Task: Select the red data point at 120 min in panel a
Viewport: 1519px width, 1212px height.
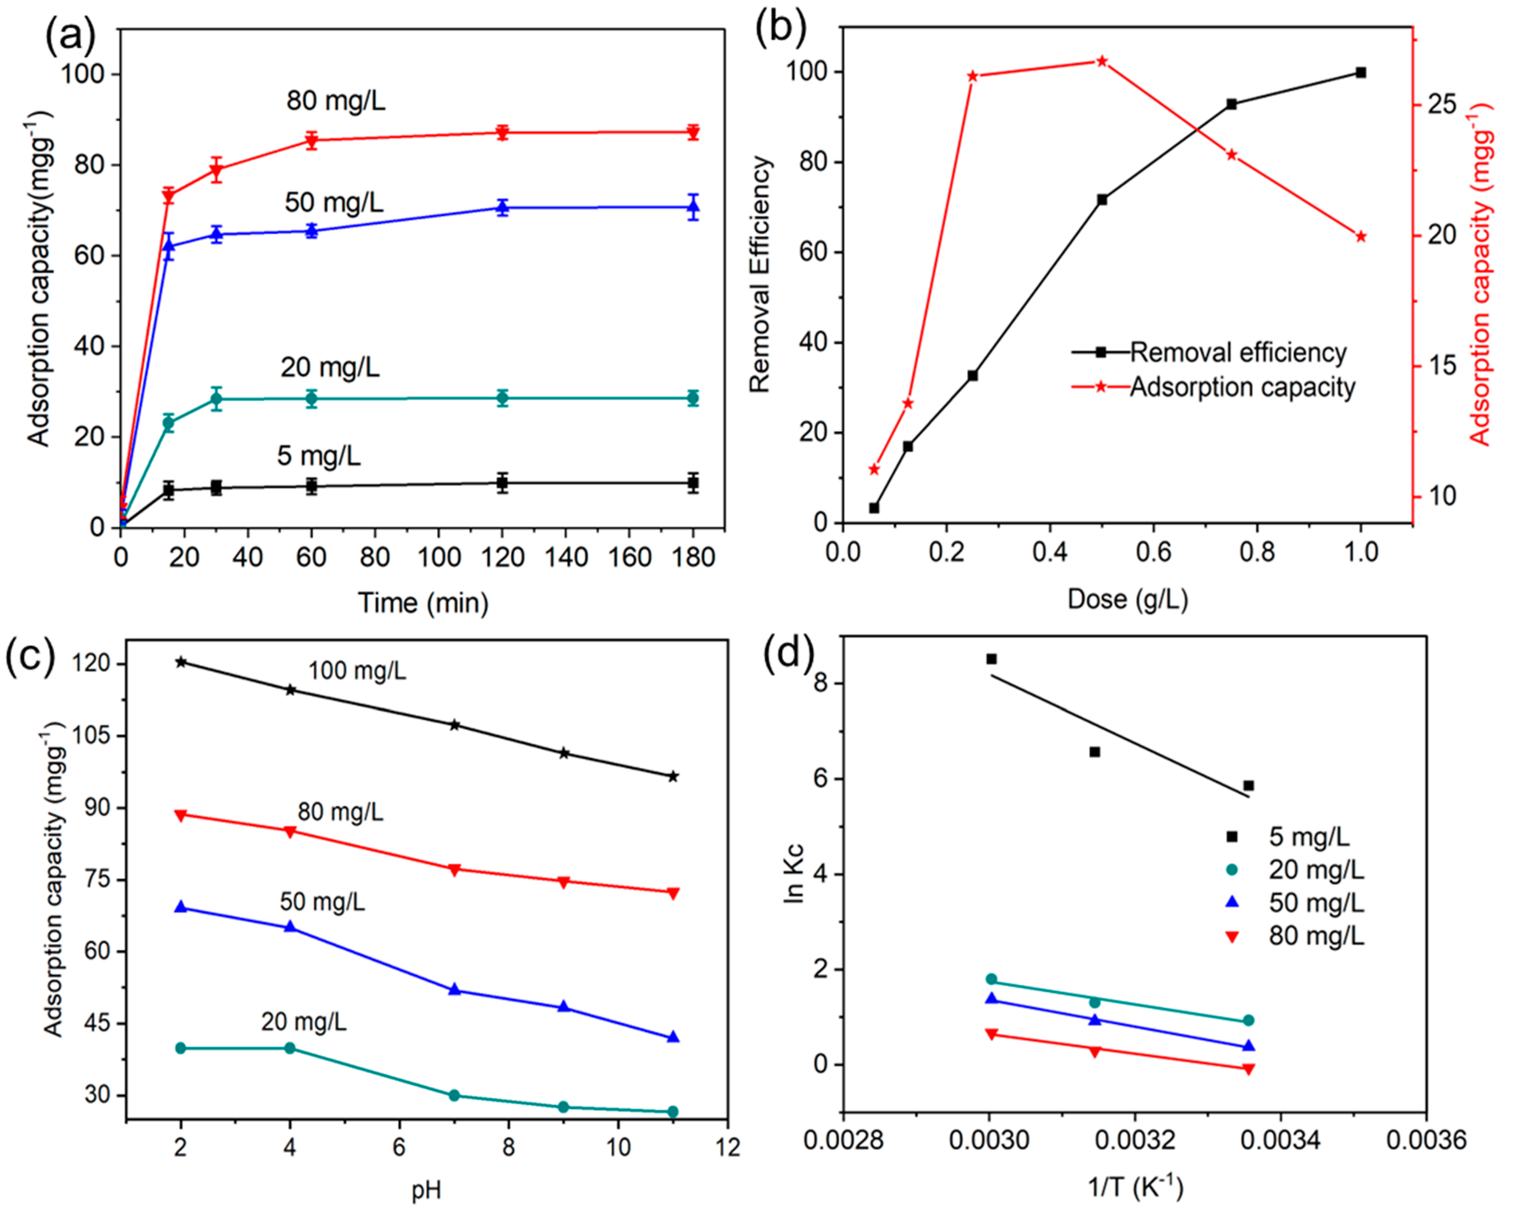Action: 502,132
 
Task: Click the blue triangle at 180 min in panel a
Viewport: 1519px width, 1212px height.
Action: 693,206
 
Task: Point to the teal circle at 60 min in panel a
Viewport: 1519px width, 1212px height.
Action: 312,399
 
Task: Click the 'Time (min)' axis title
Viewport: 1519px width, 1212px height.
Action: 423,603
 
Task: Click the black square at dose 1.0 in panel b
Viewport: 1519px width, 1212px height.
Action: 1361,72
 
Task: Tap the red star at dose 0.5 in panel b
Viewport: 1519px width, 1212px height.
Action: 1102,61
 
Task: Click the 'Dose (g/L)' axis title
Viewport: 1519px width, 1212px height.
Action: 1127,599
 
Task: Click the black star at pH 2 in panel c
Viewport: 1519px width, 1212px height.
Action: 180,662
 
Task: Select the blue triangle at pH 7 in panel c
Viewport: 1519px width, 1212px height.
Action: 455,989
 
